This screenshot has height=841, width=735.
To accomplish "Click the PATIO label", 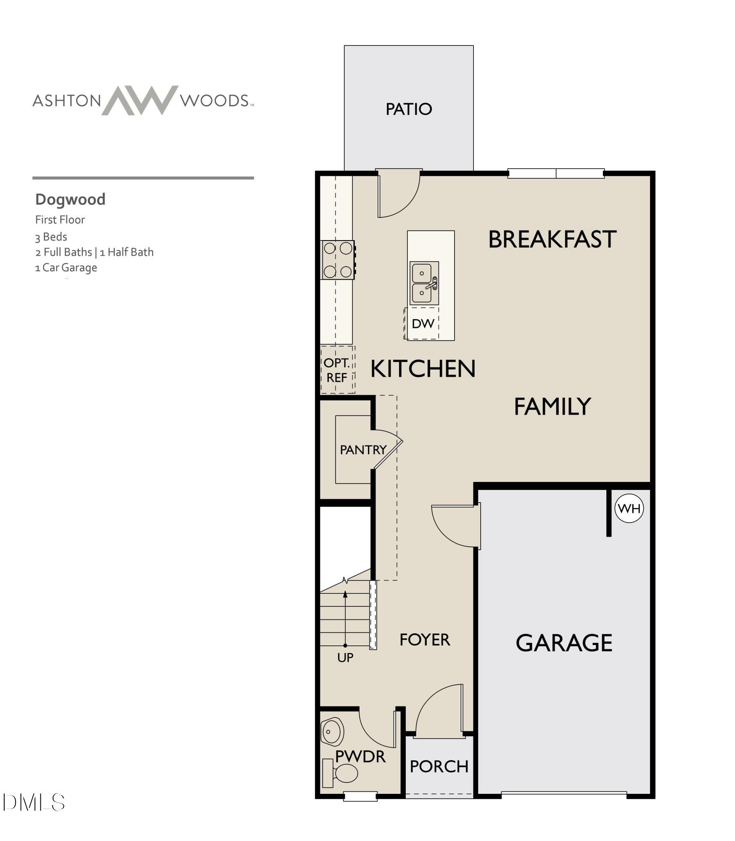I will coord(409,109).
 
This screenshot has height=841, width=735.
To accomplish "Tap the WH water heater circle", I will coord(629,508).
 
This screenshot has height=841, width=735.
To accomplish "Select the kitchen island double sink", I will coord(424,283).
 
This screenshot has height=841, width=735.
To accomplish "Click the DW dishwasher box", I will coord(422,323).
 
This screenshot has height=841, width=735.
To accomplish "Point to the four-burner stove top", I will coord(338,260).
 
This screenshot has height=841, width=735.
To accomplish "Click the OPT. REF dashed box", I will coord(337,370).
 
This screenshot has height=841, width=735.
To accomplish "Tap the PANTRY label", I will coord(363,450).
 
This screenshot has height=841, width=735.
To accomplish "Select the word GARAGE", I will coord(564,643).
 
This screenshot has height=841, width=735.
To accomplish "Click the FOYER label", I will coord(425,640).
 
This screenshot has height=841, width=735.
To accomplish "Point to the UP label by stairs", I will coord(345,658).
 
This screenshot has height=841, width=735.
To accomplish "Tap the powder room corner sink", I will coord(332,732).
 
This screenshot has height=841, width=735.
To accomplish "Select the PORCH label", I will coord(439,767).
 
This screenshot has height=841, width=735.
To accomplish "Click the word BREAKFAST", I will coord(552,239).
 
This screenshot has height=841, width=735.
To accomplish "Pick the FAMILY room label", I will coord(553,406).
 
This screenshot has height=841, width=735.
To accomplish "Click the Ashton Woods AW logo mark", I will coord(140,100).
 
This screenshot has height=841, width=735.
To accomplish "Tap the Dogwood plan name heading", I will coord(70,199).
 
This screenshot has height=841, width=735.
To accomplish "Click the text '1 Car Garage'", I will coord(66,267).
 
